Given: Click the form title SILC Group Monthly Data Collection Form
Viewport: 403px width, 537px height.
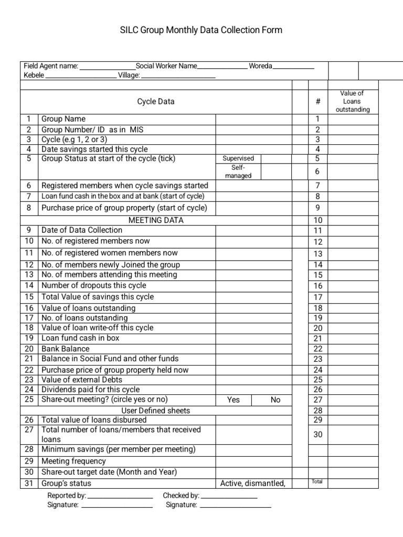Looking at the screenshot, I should [201, 30].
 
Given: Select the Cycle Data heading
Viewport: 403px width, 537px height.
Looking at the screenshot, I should [156, 101].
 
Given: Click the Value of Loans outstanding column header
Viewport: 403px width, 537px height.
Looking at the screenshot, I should [353, 101].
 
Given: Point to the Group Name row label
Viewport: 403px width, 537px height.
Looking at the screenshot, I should [63, 119].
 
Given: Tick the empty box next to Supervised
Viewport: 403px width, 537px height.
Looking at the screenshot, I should [283, 158].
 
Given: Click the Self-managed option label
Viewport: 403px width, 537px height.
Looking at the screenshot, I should [238, 171].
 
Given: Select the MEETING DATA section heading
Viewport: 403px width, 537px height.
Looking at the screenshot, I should [156, 220].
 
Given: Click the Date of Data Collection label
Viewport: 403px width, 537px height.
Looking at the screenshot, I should [82, 230].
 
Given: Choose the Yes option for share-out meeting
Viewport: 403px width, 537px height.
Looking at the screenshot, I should [234, 400].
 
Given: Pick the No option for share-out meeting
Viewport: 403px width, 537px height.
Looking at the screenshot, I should [275, 400].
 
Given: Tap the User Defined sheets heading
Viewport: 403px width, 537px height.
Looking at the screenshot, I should [156, 410].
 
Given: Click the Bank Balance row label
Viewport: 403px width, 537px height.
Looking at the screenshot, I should [66, 349].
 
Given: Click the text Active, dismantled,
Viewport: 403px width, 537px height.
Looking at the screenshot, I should [253, 483].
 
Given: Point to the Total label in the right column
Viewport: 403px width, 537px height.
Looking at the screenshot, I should [317, 481].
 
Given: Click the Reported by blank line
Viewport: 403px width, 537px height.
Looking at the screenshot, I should [120, 496].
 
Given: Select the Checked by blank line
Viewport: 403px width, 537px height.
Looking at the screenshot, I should [229, 496].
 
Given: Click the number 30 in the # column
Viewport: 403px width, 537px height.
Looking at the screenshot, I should [318, 434].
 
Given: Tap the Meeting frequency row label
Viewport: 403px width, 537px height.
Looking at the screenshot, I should [73, 461].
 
